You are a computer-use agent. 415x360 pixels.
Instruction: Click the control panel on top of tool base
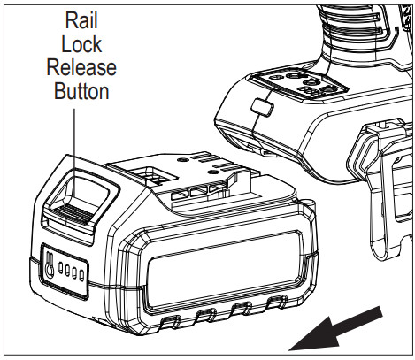coord(306,84)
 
